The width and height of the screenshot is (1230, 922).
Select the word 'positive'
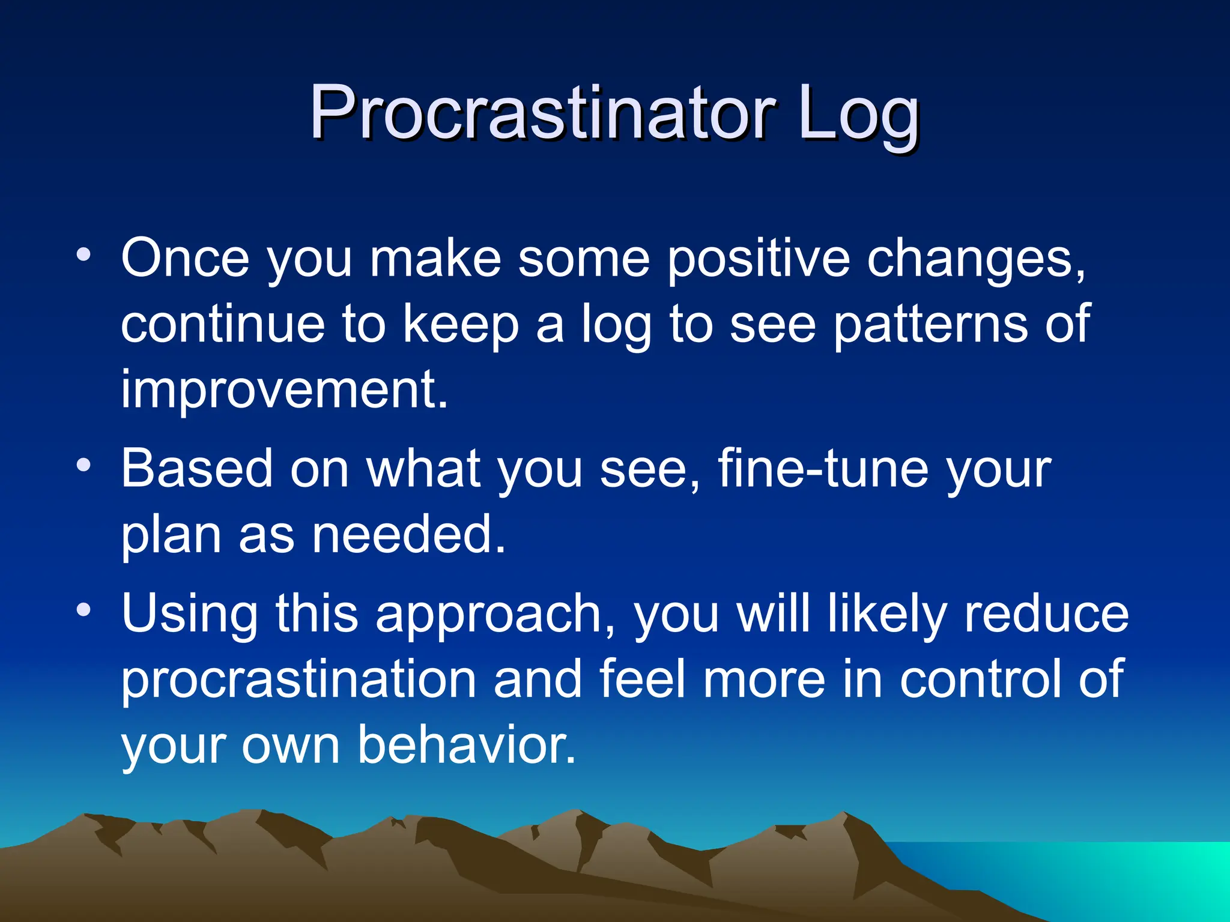(x=759, y=259)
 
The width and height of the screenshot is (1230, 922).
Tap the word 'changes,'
(x=976, y=259)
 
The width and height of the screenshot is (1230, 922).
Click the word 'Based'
(x=197, y=468)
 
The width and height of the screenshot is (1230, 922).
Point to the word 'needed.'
(x=409, y=534)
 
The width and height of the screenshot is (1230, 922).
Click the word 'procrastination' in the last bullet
(x=299, y=679)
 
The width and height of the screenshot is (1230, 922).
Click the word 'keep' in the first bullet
(x=461, y=325)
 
